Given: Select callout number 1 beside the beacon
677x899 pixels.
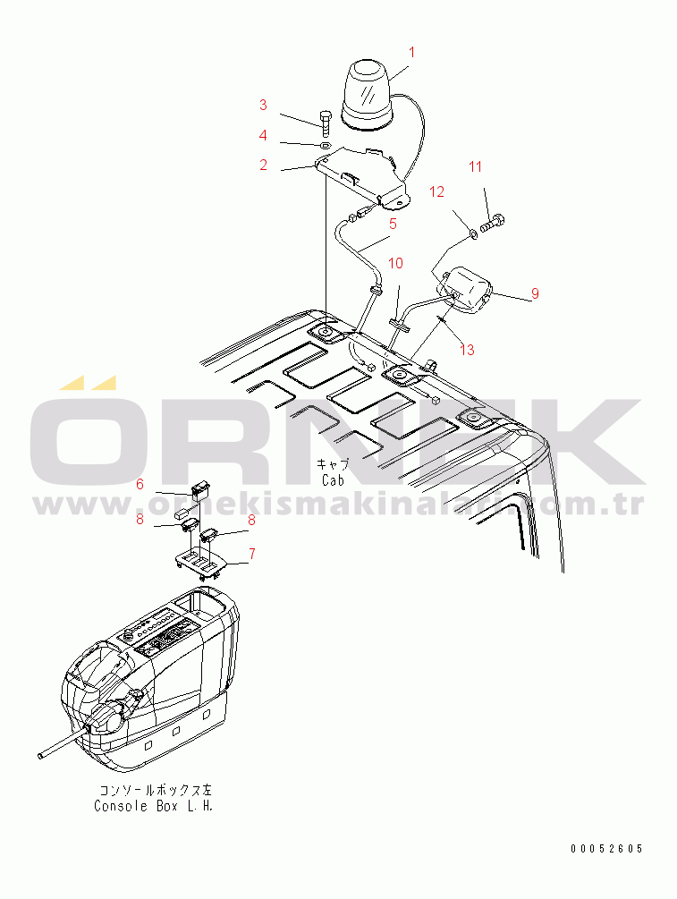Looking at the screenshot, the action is [x=411, y=52].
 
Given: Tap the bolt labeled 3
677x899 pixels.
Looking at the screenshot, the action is [x=326, y=121].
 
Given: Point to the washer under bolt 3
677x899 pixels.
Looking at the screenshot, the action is [x=325, y=145].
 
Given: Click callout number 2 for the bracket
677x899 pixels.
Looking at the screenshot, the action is [x=263, y=165].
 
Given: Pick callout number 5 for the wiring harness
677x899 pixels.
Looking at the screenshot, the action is [x=394, y=224].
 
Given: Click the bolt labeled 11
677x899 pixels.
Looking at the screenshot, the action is [x=493, y=223].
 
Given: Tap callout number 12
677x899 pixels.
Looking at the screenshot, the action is [x=436, y=192].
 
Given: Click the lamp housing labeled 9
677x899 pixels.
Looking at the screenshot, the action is [x=464, y=290].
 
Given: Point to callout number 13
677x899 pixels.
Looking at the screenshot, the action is [x=467, y=349].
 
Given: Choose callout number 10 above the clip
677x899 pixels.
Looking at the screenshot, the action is [x=395, y=263].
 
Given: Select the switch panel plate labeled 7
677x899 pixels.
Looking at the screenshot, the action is [x=200, y=564].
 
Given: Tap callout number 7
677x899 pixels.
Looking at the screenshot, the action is [x=251, y=554].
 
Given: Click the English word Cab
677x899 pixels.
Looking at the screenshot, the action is [x=333, y=479].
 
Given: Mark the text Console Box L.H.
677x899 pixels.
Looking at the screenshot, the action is [x=154, y=806].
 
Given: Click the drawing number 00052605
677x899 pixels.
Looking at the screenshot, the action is [x=606, y=849].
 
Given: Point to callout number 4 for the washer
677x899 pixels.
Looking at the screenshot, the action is [x=263, y=135].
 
